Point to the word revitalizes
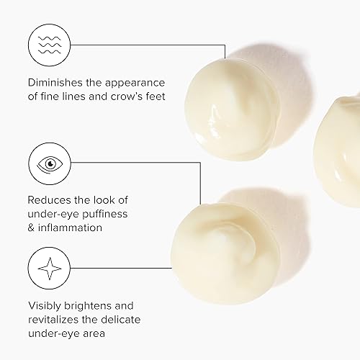tap(58, 319)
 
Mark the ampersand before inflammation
tap(32, 228)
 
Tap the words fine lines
tap(68, 96)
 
